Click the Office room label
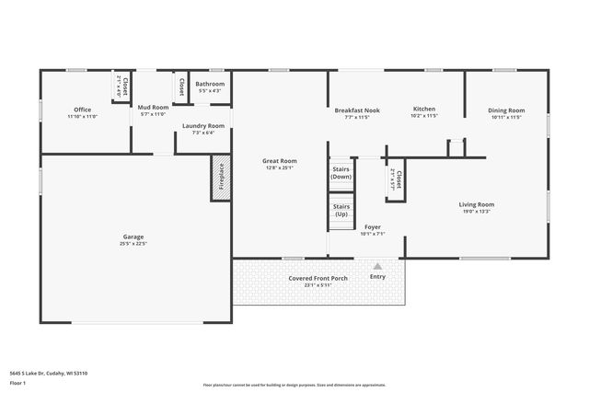tap(83, 110)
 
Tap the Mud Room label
tap(153, 108)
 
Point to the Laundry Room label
tap(202, 125)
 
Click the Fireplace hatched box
tap(221, 176)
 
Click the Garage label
tap(133, 237)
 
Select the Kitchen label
tap(423, 109)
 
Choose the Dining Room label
tap(506, 110)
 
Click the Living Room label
tap(477, 204)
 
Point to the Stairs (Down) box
tap(341, 173)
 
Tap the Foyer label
tap(372, 226)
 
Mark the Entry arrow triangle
tap(377, 266)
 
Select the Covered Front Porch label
tap(318, 278)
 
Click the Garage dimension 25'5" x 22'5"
tap(133, 243)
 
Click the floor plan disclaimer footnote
tap(294, 385)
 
